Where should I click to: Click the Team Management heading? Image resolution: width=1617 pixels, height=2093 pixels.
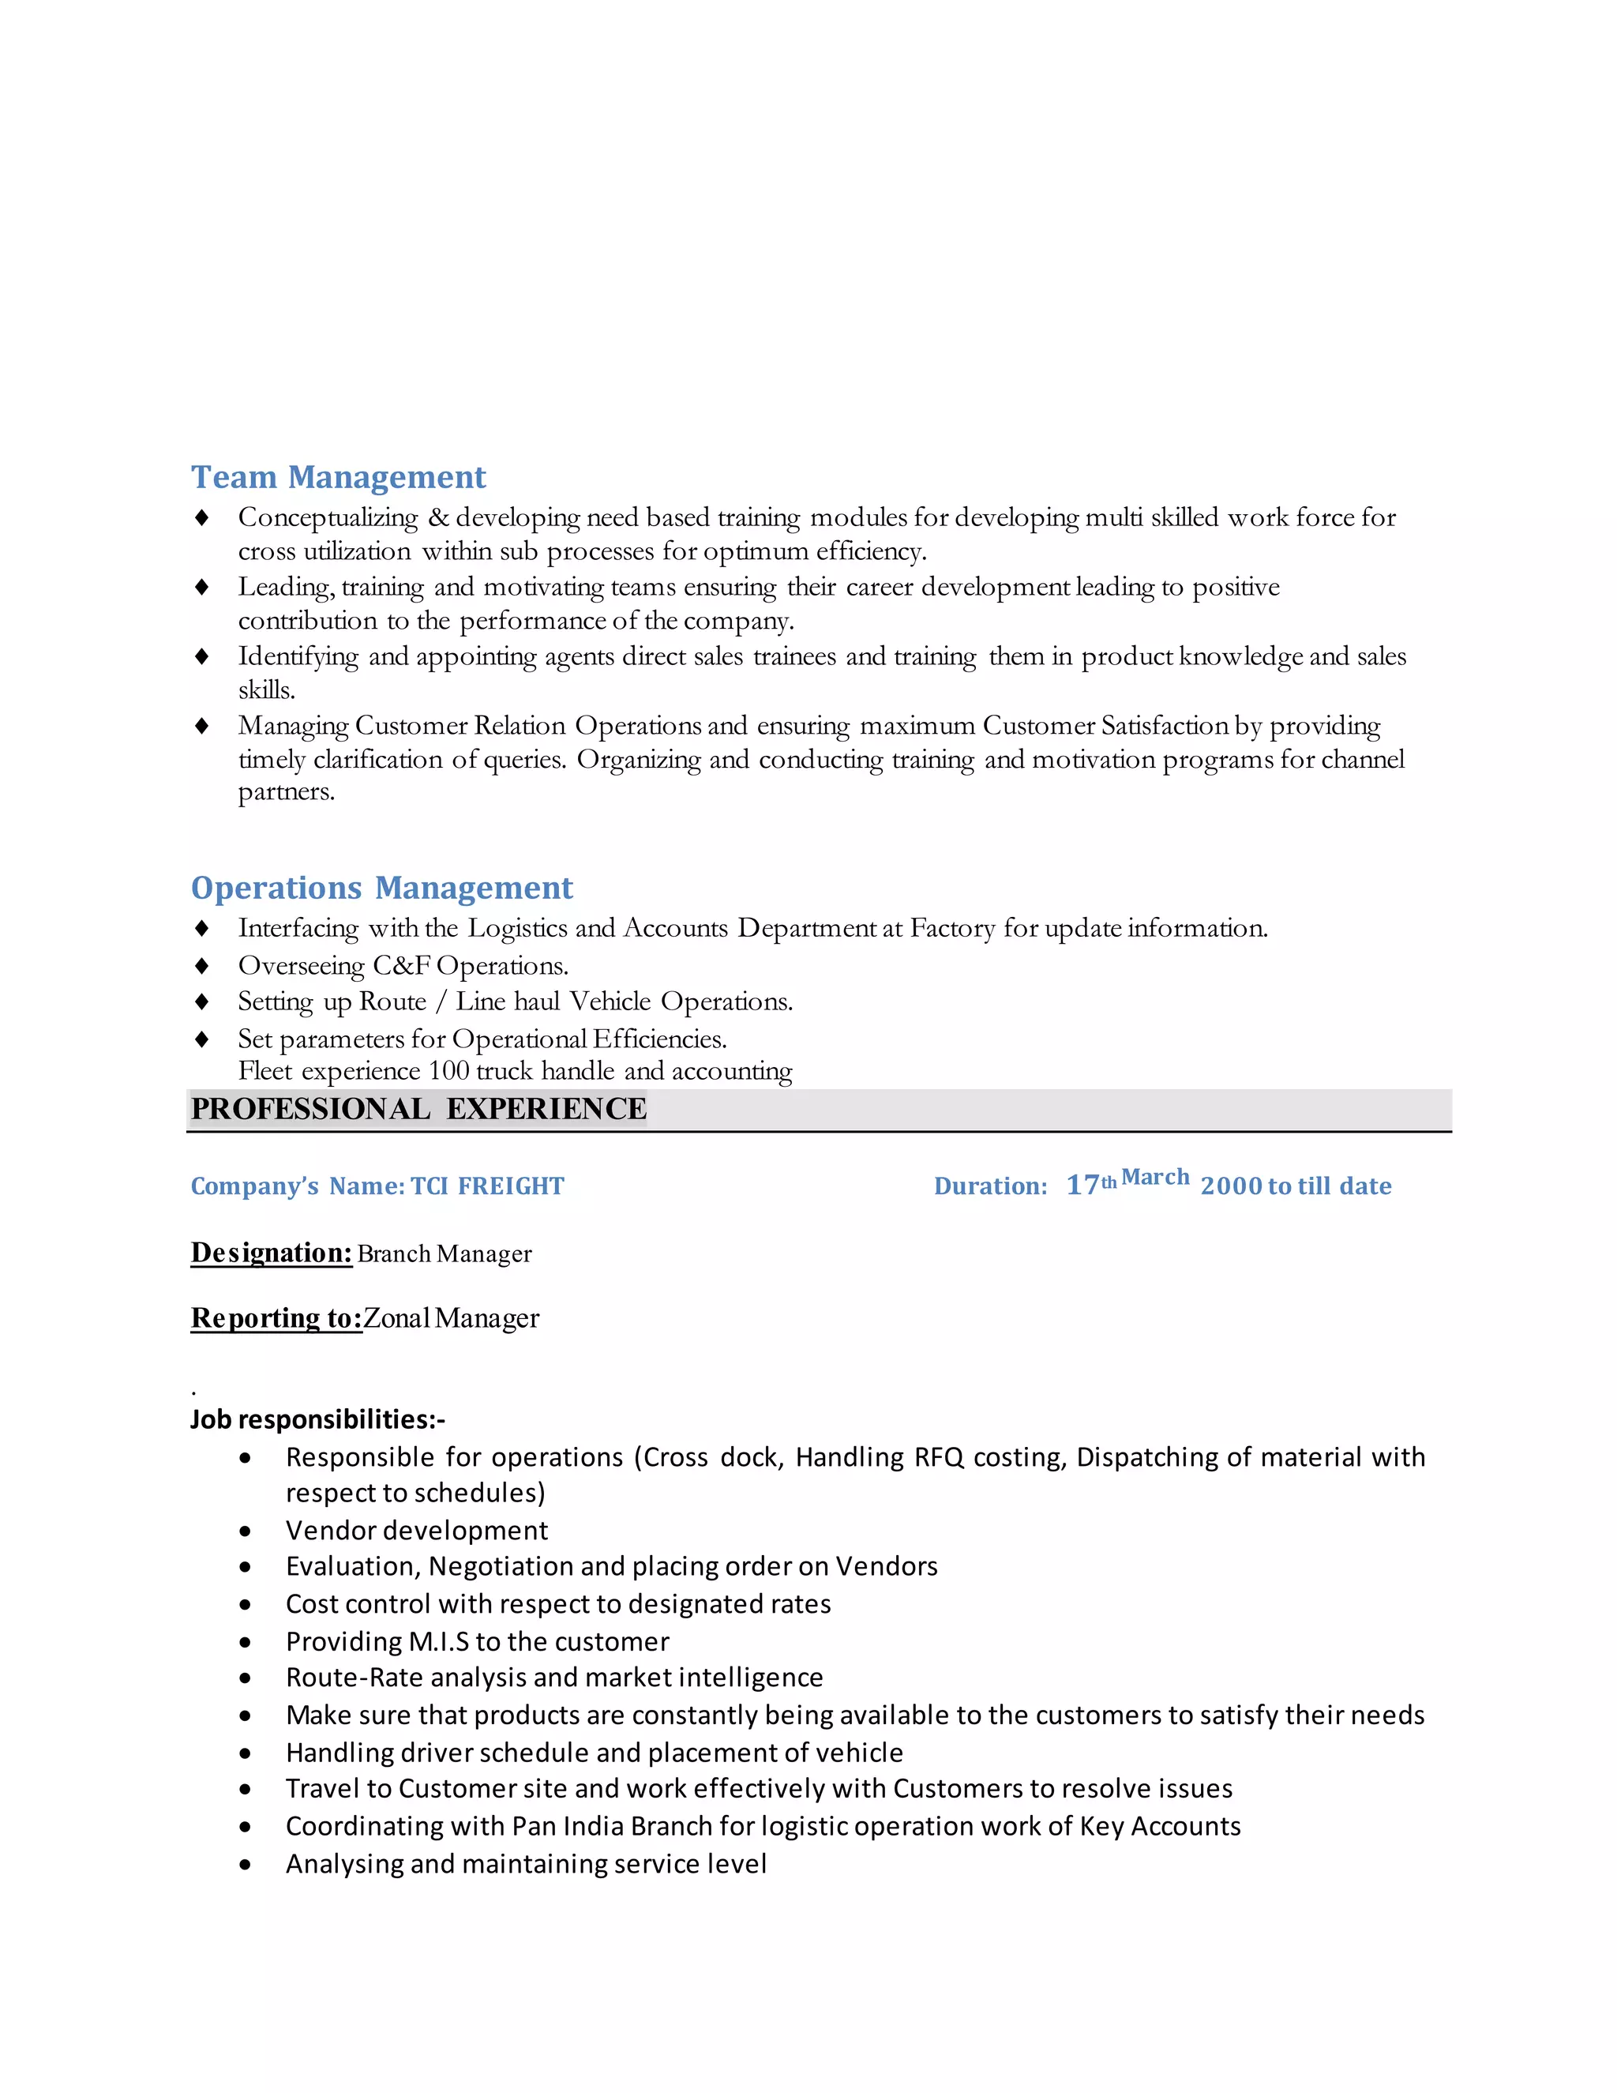pos(338,477)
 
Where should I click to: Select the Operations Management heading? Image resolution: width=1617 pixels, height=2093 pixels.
pos(381,888)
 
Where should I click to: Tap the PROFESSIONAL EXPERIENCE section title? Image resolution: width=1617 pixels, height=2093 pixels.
pos(418,1109)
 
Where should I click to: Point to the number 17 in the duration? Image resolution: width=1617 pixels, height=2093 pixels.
pos(1082,1186)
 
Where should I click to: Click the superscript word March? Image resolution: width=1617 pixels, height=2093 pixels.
pos(1155,1177)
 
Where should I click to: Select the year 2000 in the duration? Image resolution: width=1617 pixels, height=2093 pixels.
pos(1231,1186)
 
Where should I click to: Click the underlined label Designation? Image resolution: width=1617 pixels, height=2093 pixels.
pos(271,1253)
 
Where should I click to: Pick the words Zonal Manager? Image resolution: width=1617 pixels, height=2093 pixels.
pos(451,1319)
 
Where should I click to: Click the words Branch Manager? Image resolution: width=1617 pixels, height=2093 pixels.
pos(445,1253)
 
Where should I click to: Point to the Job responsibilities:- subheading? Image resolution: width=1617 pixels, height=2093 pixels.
pos(317,1419)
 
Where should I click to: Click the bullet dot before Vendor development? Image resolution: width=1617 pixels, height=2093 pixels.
pos(246,1531)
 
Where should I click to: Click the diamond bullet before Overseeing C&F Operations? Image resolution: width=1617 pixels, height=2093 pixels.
pos(202,965)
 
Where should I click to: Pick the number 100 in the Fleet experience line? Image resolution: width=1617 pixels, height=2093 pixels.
pos(448,1070)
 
